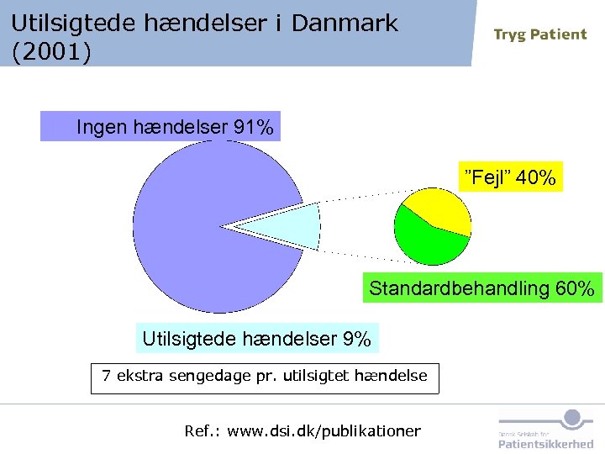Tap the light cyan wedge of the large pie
pos(290,226)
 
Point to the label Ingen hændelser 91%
pos(160,128)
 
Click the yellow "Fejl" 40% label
pos(510,178)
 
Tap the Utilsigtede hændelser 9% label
pos(256,339)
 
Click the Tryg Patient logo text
pos(539,34)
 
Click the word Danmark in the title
pos(345,23)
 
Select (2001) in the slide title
pos(51,52)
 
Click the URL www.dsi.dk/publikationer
pos(324,431)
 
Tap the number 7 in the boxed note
pos(106,376)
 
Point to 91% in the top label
pos(254,128)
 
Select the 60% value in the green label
pos(575,289)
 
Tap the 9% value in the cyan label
pos(356,339)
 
